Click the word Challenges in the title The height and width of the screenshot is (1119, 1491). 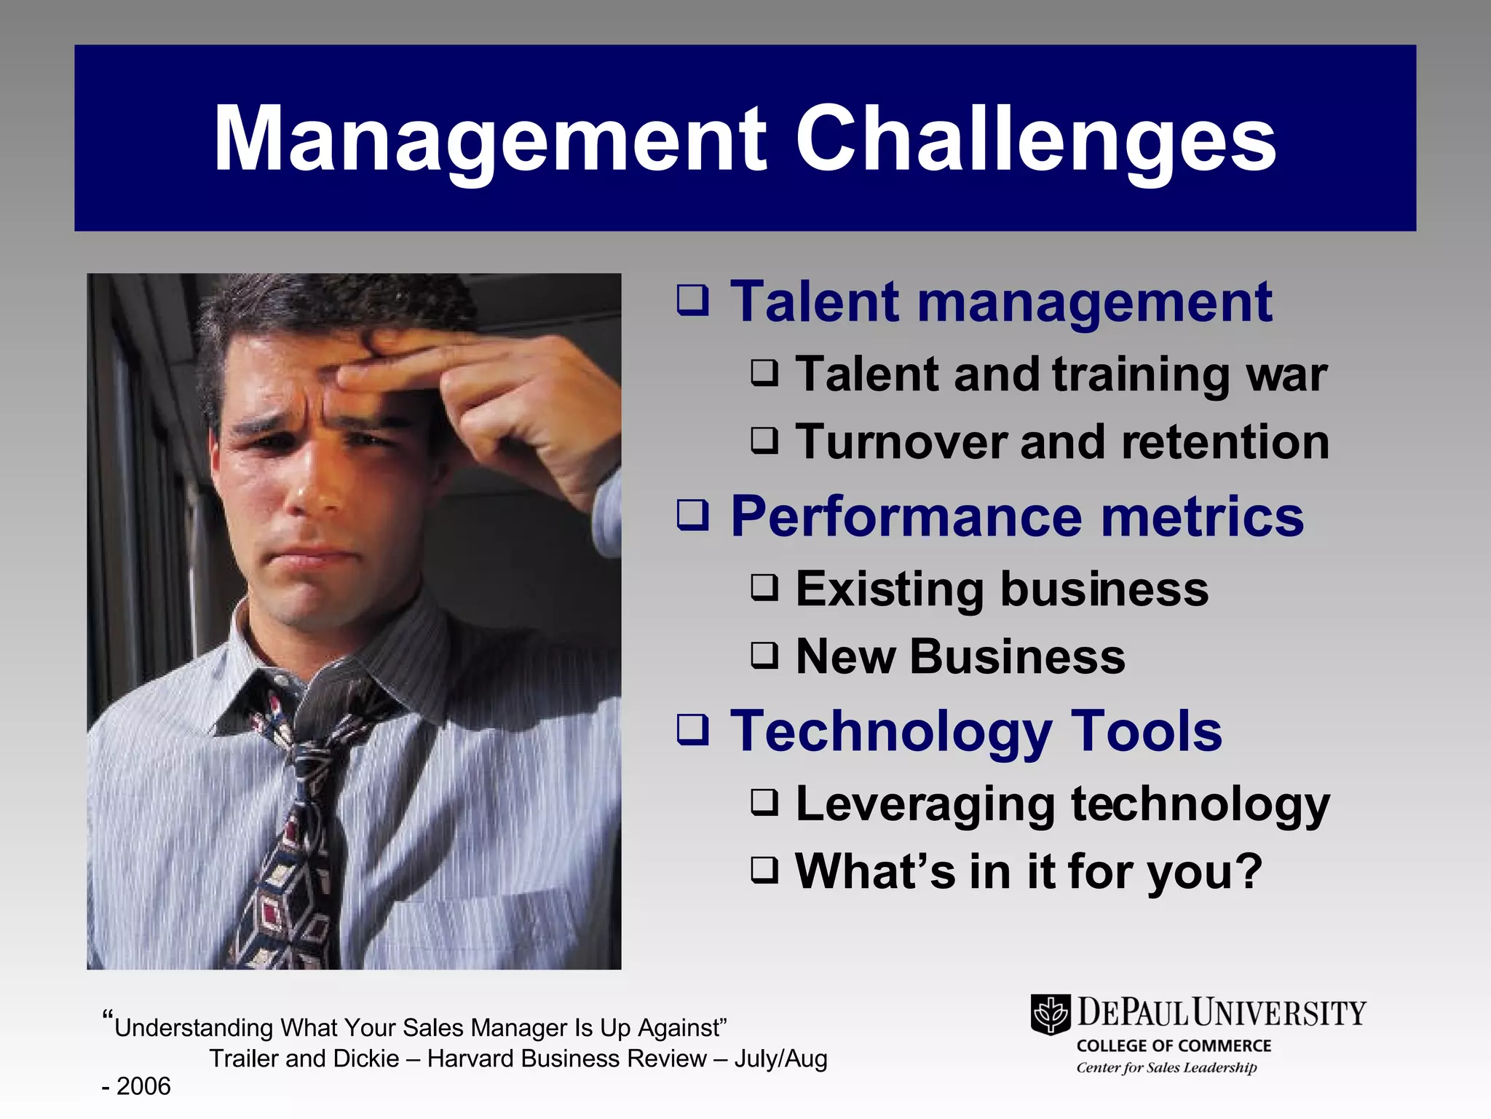[x=1035, y=138]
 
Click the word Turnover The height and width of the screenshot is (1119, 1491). [x=900, y=442]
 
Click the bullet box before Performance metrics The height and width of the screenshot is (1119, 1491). [x=692, y=515]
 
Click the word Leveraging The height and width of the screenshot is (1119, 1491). [x=925, y=805]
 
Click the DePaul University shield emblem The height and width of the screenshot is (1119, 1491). [x=1050, y=1014]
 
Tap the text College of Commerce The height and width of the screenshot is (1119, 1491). [x=1174, y=1045]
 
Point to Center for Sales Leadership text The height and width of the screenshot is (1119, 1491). [x=1166, y=1067]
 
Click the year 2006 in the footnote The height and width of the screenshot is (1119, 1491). [x=143, y=1086]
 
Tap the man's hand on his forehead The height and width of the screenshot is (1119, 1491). [x=466, y=379]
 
